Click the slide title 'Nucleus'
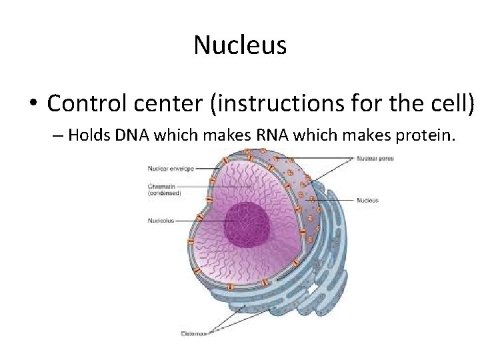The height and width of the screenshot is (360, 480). [240, 45]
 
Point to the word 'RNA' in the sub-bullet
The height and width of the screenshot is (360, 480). [269, 136]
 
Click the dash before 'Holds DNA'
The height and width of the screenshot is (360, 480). [57, 137]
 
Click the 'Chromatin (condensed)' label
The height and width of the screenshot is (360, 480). [164, 189]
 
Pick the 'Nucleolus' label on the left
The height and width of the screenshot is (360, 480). [161, 220]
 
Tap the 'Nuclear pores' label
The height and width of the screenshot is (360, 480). [375, 159]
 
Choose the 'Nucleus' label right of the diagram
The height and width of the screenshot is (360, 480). [367, 199]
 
